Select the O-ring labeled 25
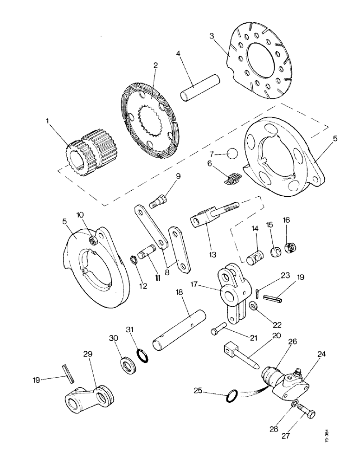coord(231,397)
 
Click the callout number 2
coord(156,65)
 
